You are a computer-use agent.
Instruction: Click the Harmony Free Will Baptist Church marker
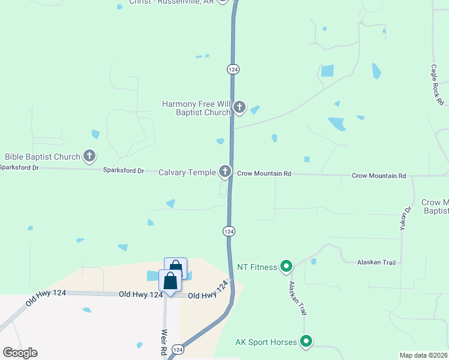tap(239, 108)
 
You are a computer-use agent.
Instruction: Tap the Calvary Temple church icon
tap(225, 172)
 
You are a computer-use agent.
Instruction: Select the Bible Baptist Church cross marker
tap(89, 157)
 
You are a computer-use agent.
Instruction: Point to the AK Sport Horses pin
tap(306, 342)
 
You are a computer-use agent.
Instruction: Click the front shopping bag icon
tap(170, 282)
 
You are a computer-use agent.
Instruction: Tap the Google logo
tap(20, 353)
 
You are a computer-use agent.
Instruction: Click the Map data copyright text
tap(424, 355)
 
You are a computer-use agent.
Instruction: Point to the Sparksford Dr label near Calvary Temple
tap(124, 171)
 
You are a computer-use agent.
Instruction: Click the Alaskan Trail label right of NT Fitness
tap(376, 262)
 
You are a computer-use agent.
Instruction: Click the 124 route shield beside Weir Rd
tap(177, 349)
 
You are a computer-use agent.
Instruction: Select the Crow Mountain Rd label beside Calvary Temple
tap(264, 173)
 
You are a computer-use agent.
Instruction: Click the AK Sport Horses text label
tap(266, 342)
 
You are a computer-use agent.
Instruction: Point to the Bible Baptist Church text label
tap(43, 157)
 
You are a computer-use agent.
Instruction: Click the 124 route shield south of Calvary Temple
tap(229, 231)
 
